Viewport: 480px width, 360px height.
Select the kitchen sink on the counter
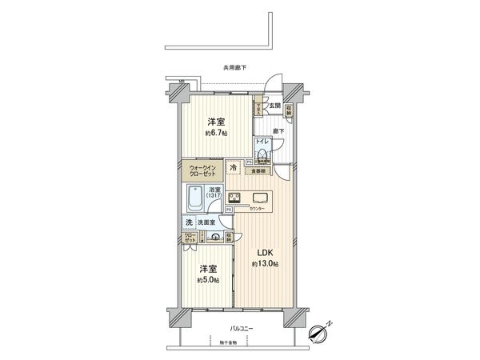tap(261, 198)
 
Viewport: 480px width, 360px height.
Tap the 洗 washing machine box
tap(189, 222)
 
